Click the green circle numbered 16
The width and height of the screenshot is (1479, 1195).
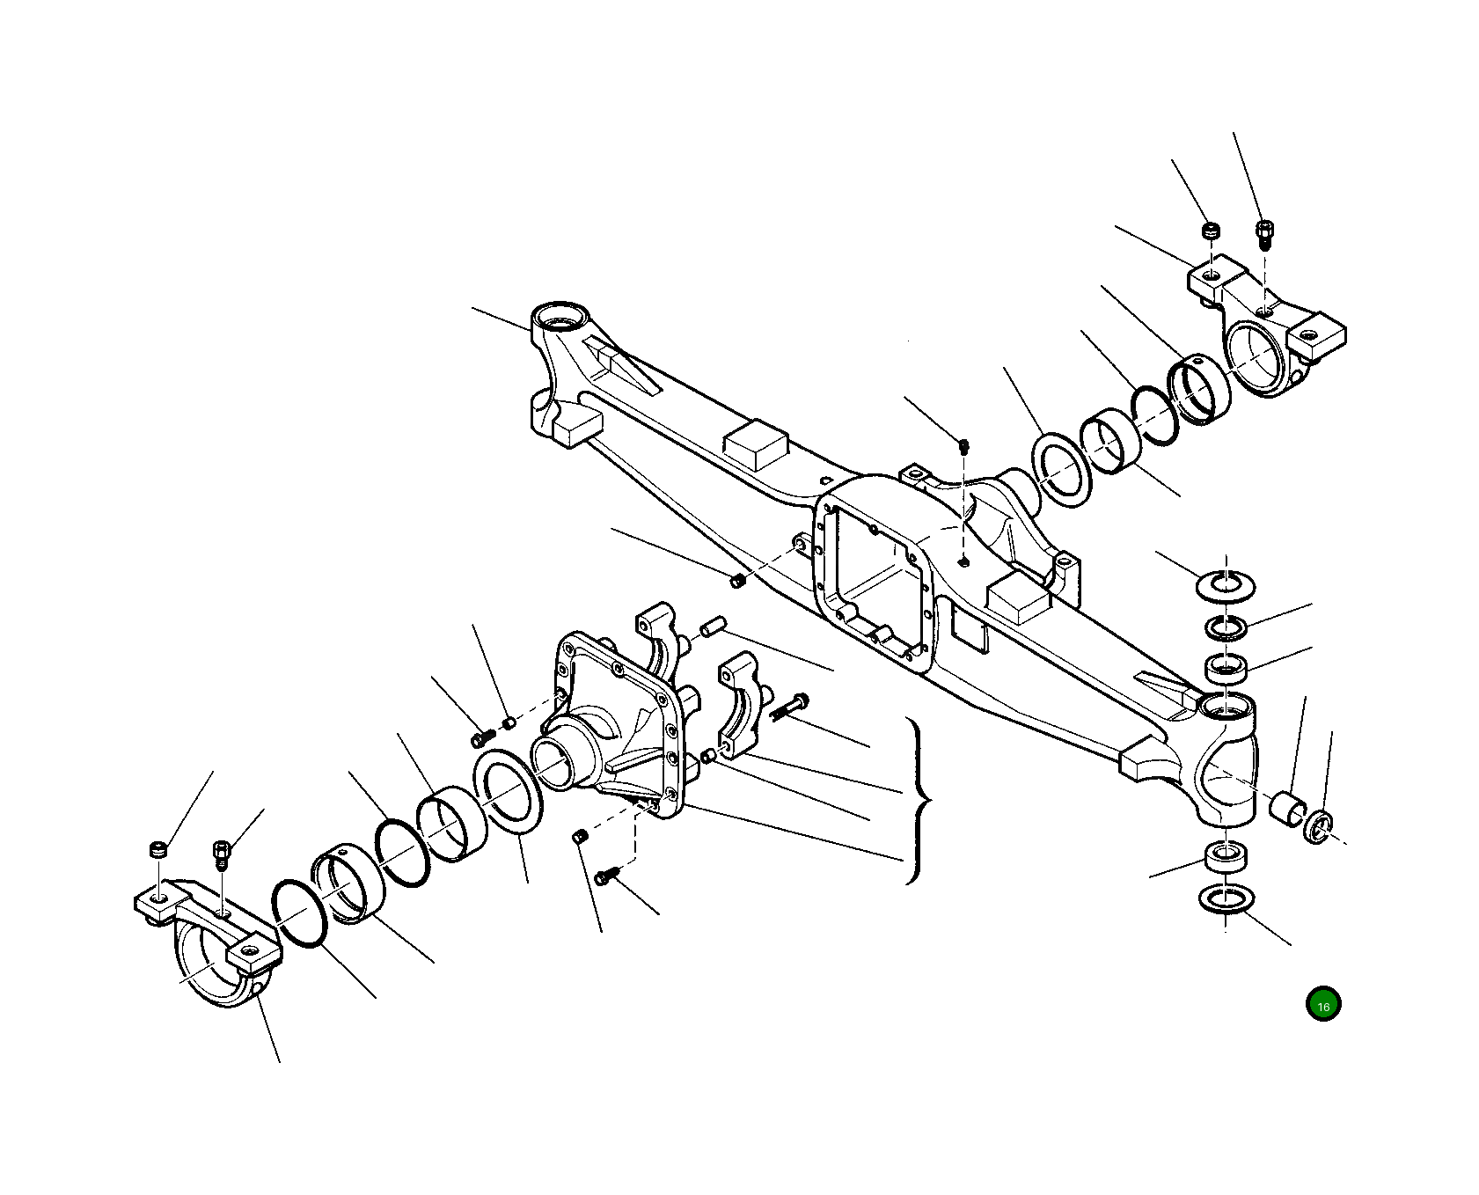(1323, 1004)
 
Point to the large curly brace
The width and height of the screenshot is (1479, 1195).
(918, 800)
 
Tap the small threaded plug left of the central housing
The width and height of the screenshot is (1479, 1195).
(737, 580)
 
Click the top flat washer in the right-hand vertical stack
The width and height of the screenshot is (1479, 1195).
(1226, 584)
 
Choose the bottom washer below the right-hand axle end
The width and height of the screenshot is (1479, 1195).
(1226, 899)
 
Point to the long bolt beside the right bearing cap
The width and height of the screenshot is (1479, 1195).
(790, 706)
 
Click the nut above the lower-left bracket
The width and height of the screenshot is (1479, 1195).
(157, 850)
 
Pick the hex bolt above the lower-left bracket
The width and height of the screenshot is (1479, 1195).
(220, 854)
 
